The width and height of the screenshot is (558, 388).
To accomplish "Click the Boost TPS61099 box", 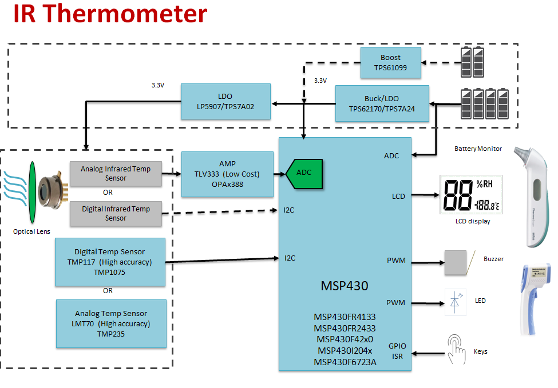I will coord(390,63).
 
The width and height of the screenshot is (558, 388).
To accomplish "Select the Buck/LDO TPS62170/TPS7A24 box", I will coord(382,103).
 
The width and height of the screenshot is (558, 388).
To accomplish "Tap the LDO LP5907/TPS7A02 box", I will coord(225,102).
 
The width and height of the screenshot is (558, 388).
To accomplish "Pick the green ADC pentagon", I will coord(304,172).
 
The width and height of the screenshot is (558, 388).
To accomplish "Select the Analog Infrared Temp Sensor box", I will coord(116,174).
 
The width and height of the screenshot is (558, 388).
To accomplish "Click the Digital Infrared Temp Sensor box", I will coord(116,213).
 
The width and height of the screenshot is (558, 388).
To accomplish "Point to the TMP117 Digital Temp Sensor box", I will coord(110,262).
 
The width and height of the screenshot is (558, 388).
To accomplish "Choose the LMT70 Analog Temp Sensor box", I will coord(111,323).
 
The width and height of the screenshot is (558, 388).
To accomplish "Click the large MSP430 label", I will coord(345,285).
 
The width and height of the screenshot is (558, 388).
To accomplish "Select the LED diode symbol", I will coord(455,302).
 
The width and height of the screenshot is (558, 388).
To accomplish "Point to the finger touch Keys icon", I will coord(457,350).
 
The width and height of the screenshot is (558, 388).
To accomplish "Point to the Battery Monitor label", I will coord(478,149).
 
